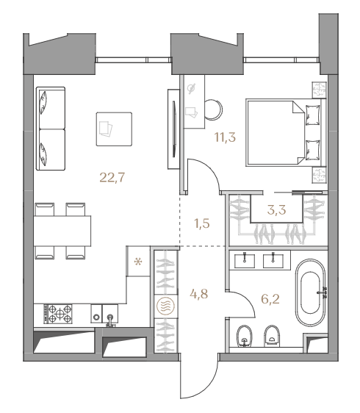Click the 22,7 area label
tap(112, 178)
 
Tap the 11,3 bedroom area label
tap(225, 137)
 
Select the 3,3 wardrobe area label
tap(276, 210)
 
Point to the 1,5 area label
tap(202, 223)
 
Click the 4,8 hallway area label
tap(199, 294)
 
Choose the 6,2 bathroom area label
tap(270, 299)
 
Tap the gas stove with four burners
tap(58, 314)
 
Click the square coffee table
tap(114, 129)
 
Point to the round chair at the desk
tap(214, 109)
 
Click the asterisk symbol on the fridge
tap(138, 262)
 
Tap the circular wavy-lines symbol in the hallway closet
tap(165, 306)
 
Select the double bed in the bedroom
tap(286, 132)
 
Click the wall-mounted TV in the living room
tap(174, 129)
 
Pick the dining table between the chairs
tap(62, 231)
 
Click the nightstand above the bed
tap(319, 90)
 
